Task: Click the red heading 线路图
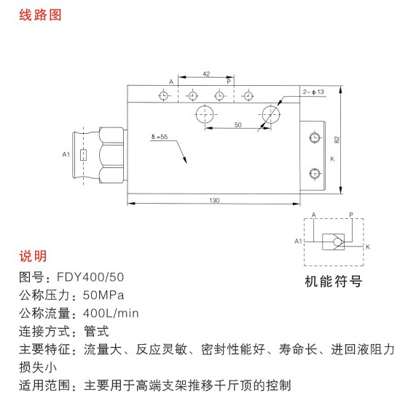[40, 15]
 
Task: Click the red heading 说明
[33, 256]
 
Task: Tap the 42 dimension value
[206, 74]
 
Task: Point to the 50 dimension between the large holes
[238, 124]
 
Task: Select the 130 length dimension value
[214, 200]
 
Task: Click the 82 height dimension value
[337, 140]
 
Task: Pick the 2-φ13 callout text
[313, 92]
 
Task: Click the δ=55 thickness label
[160, 137]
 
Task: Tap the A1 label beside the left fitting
[66, 154]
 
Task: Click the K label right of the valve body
[332, 159]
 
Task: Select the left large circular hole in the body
[205, 114]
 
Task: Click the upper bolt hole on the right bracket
[315, 137]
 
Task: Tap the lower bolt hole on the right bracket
[315, 174]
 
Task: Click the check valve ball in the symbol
[337, 242]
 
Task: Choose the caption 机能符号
[333, 282]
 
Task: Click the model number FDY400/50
[90, 277]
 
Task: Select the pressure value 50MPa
[103, 295]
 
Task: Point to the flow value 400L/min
[111, 314]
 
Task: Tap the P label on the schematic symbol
[351, 215]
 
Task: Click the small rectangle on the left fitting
[84, 155]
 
